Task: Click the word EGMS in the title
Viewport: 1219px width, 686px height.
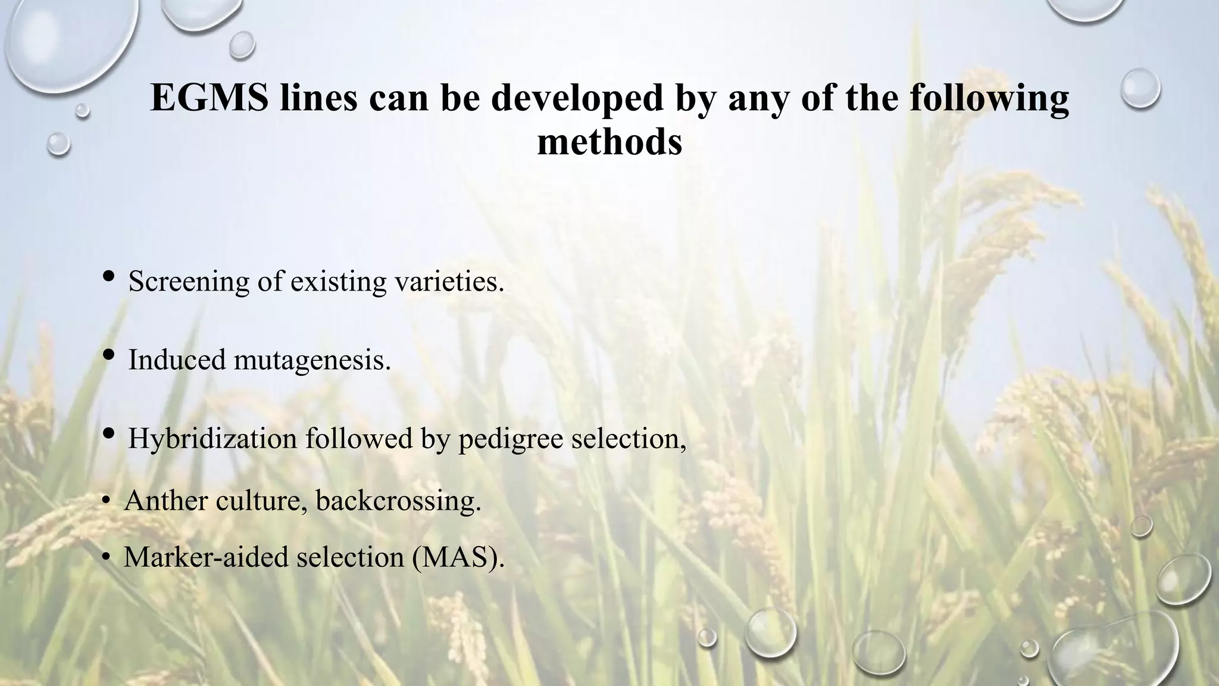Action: (x=209, y=97)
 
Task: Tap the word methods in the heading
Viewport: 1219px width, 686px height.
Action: (x=609, y=143)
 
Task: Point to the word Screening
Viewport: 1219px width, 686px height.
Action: (x=188, y=282)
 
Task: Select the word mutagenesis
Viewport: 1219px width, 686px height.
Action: (x=312, y=360)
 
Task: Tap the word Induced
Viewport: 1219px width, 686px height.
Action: (x=177, y=360)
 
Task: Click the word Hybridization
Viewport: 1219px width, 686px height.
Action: (x=212, y=439)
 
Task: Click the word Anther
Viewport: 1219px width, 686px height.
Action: (x=165, y=501)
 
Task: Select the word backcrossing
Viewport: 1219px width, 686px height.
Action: (x=398, y=501)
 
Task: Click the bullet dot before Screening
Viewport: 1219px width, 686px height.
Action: (x=109, y=276)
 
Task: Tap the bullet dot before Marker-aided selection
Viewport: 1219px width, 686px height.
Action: (x=105, y=557)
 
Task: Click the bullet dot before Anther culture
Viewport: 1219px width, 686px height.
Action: (x=105, y=501)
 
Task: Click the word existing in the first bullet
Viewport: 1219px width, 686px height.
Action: (x=338, y=281)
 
